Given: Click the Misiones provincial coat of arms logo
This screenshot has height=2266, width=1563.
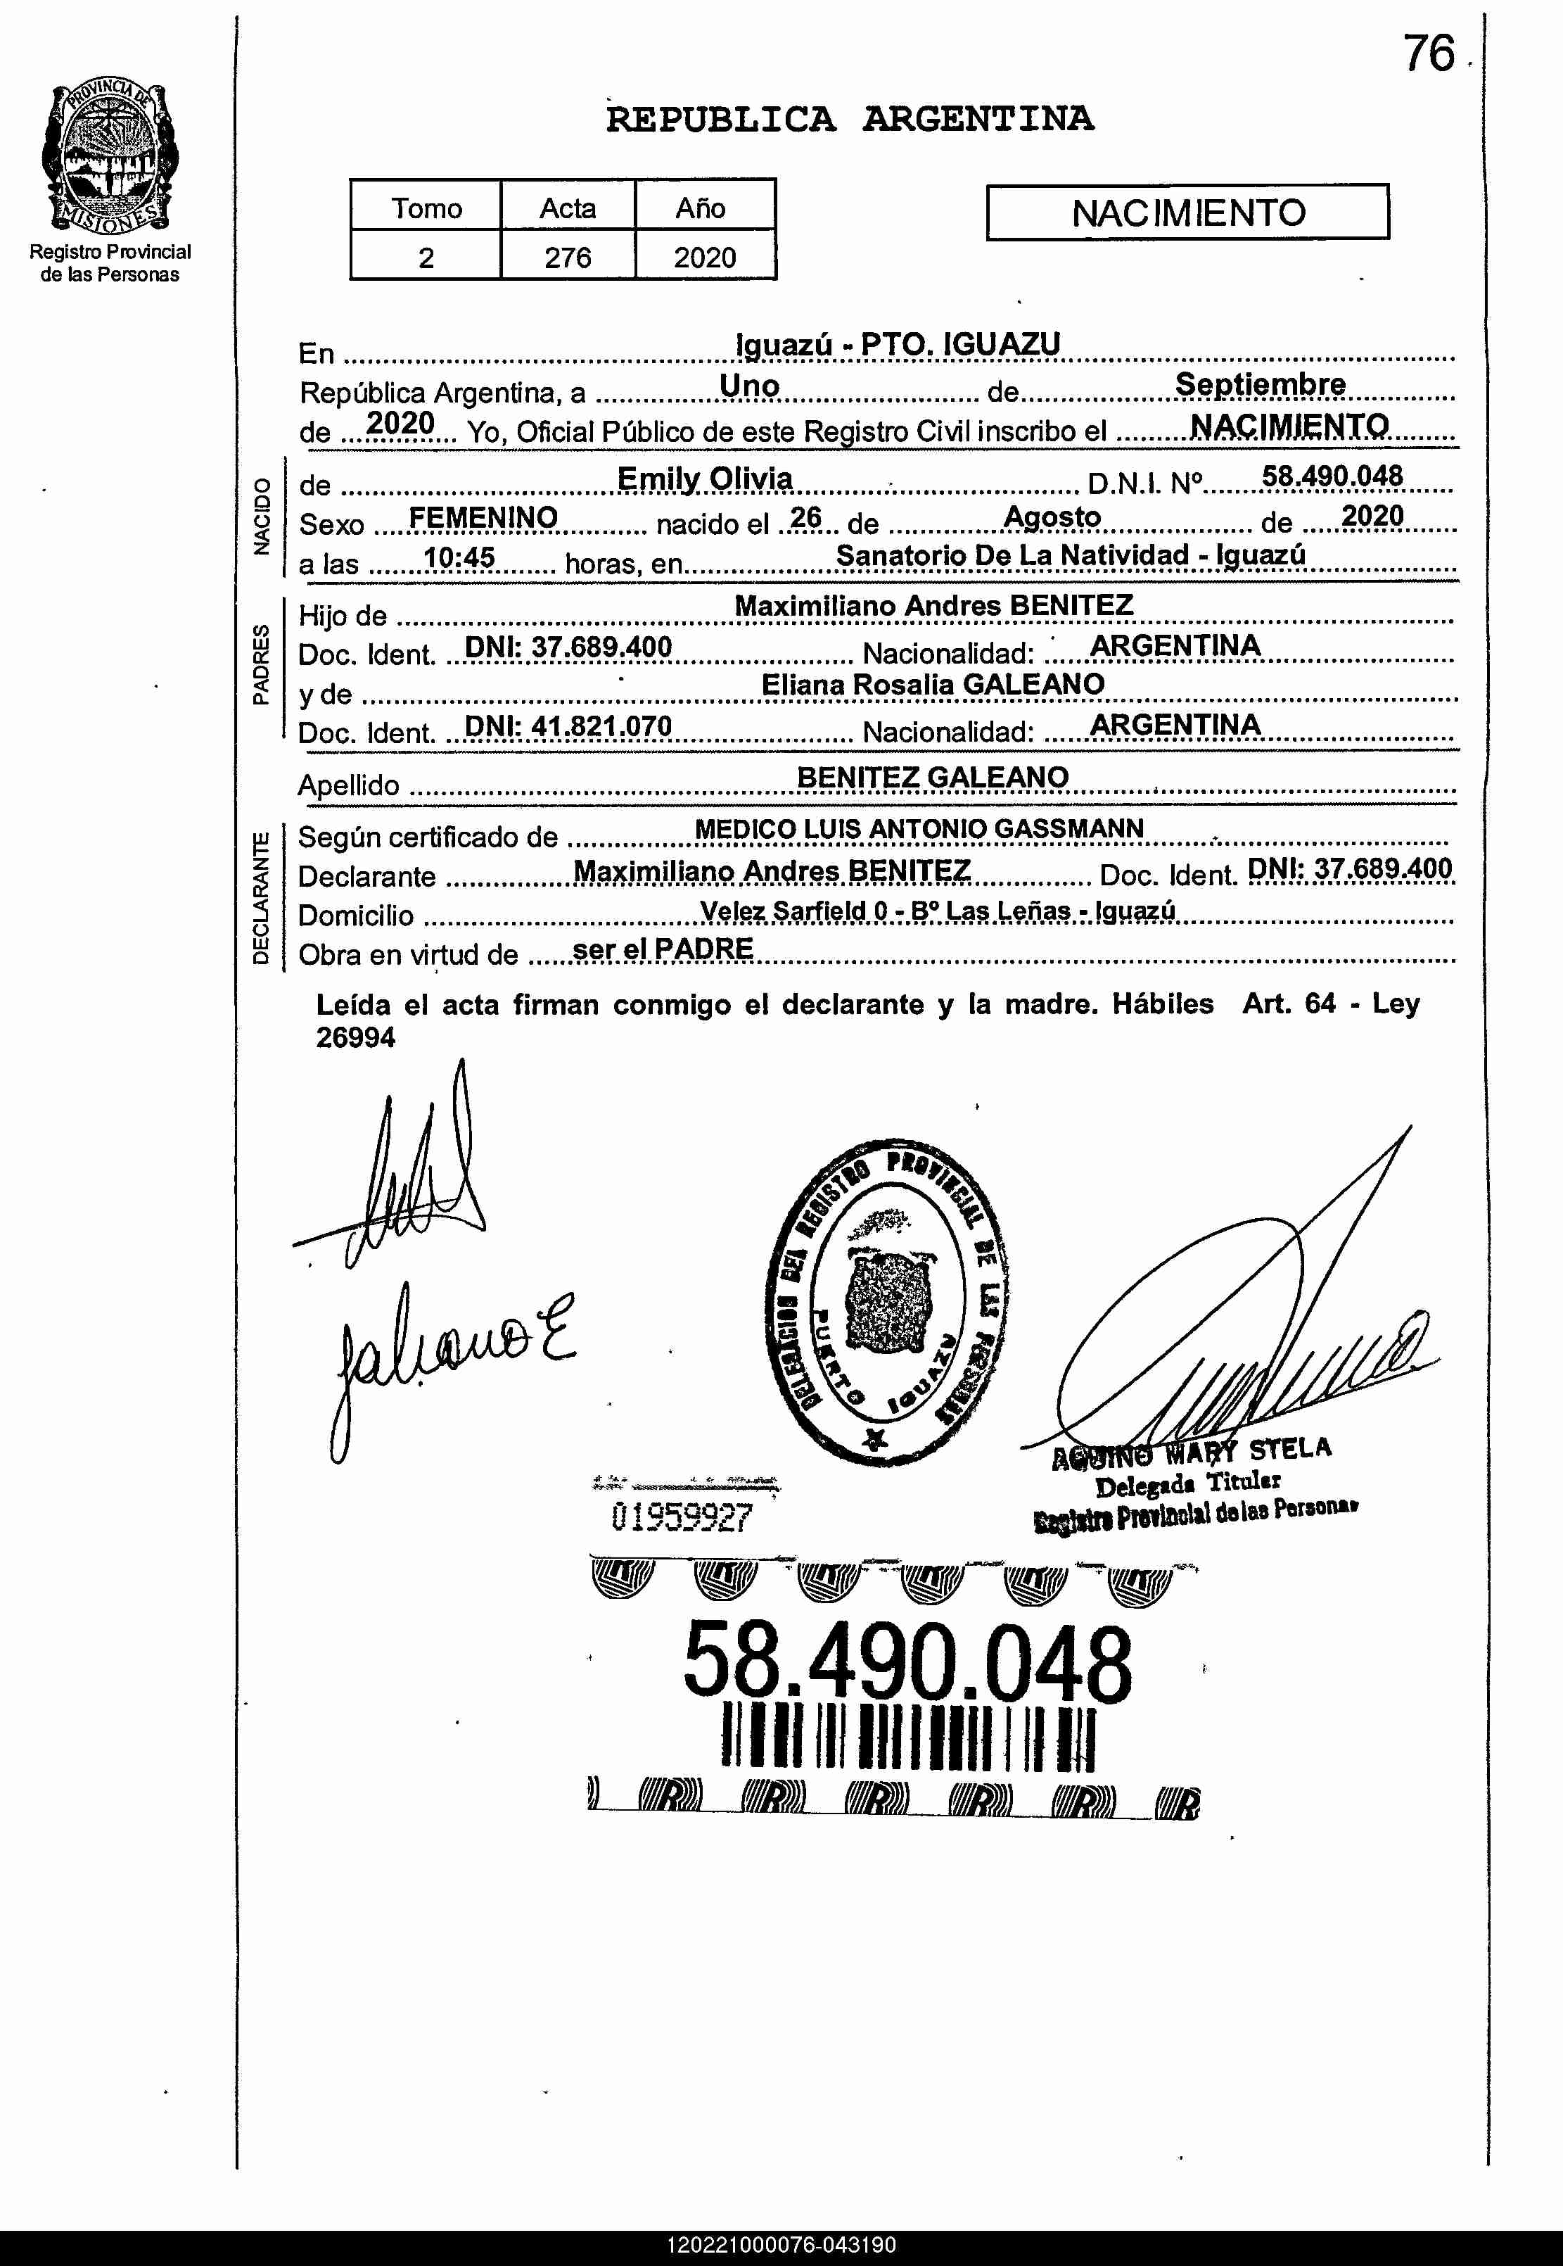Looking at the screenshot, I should click(110, 157).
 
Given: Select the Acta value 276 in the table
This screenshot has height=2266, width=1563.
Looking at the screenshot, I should click(567, 257).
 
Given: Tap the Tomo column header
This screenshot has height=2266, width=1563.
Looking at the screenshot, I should click(426, 208).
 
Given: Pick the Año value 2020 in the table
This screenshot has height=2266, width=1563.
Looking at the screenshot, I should click(704, 257).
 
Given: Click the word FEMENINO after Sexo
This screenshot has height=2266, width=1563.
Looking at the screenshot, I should click(483, 517).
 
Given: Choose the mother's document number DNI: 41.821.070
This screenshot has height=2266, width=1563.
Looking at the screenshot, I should click(568, 726).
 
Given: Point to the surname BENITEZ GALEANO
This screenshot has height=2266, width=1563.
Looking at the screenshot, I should click(932, 777).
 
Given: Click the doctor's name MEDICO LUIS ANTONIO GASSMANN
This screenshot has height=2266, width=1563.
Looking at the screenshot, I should click(919, 829).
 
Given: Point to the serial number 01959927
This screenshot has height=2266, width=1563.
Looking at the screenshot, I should click(682, 1517).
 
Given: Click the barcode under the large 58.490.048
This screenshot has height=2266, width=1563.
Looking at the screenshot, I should click(908, 1737).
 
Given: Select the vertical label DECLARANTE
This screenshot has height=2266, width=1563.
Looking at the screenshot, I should click(260, 897).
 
